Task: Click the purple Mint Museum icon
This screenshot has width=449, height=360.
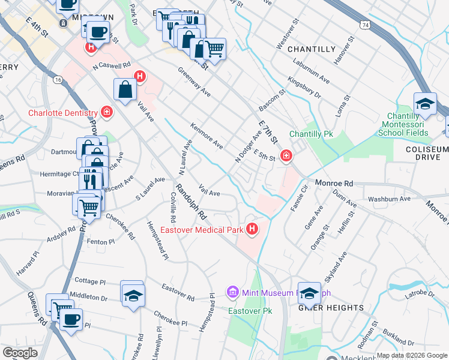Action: click(x=232, y=292)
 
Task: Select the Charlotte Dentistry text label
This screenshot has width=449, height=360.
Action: click(x=62, y=113)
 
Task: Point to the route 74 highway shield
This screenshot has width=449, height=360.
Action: click(x=364, y=25)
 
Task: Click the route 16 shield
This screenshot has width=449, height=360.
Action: click(x=58, y=79)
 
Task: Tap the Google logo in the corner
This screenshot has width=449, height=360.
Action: click(x=20, y=353)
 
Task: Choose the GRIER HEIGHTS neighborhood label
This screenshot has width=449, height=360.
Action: click(x=331, y=308)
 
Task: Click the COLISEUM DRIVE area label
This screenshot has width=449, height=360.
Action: click(x=427, y=153)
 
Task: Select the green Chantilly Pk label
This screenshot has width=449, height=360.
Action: click(x=311, y=134)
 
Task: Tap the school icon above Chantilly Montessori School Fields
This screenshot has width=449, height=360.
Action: click(x=425, y=103)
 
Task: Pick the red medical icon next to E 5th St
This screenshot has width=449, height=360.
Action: click(x=286, y=157)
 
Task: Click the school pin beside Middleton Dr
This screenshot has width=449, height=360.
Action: click(x=132, y=294)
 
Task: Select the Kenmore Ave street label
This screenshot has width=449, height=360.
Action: click(x=206, y=136)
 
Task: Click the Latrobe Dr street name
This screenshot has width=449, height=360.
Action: click(x=418, y=294)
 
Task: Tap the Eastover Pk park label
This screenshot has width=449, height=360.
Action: click(x=250, y=311)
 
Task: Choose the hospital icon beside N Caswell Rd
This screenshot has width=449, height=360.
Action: click(x=140, y=76)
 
